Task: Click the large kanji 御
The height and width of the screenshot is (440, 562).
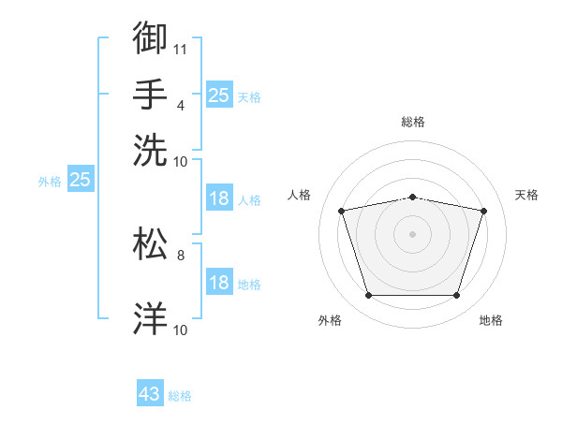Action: (150, 37)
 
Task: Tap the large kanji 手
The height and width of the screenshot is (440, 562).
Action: (150, 94)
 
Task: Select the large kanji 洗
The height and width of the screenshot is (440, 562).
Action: (150, 150)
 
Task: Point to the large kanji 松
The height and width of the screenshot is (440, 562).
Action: (150, 243)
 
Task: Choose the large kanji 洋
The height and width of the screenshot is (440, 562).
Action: (150, 318)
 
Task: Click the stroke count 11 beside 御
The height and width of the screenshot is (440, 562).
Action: (180, 50)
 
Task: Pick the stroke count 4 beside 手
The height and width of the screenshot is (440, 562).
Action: (181, 106)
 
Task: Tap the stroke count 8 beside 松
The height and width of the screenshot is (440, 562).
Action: (181, 256)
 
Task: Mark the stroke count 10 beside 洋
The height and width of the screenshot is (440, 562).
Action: (180, 330)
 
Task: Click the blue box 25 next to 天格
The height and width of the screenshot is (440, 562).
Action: (219, 95)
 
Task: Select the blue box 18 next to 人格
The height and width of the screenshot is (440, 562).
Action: (219, 198)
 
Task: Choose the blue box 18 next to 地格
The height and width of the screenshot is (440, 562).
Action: (219, 281)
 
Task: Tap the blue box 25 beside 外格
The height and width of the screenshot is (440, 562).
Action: (81, 179)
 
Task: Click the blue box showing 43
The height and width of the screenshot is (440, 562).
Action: (150, 392)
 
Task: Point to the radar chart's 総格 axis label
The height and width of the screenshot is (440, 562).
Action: (413, 122)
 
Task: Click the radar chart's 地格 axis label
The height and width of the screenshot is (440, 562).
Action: (491, 320)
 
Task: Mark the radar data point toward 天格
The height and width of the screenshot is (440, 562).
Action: (483, 211)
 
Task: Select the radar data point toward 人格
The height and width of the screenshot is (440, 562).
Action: (342, 211)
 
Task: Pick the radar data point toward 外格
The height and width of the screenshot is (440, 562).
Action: (369, 295)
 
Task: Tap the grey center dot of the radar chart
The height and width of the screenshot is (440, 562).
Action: (412, 234)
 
